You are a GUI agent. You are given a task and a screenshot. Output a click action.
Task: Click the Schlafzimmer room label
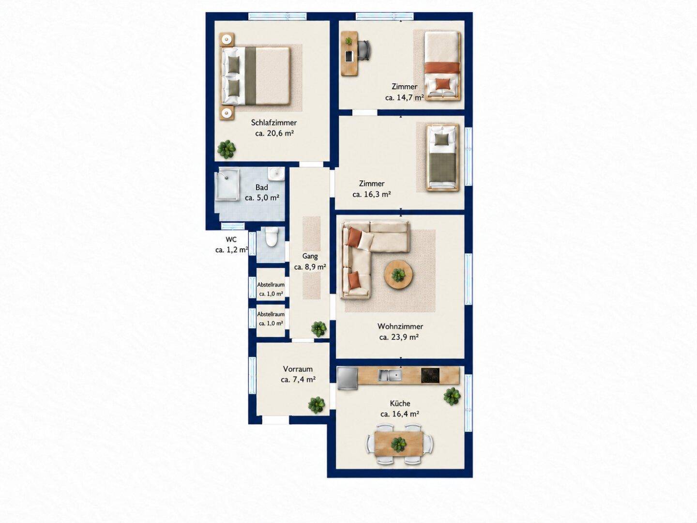point(274,123)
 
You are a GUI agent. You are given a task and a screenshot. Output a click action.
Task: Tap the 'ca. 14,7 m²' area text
point(405,97)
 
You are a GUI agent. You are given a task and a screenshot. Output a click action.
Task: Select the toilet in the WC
point(272,237)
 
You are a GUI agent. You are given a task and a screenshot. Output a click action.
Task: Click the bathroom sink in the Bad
point(276,174)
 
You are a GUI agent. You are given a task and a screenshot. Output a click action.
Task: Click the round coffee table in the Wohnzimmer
point(398,275)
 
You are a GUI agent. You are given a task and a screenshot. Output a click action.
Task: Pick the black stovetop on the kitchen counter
point(430,375)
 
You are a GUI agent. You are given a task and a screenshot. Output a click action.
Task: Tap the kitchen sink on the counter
point(389,376)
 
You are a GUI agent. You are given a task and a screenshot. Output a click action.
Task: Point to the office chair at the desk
point(365,50)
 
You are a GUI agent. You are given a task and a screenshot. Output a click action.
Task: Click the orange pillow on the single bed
point(443,84)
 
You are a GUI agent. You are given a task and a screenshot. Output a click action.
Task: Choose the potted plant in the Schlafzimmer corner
point(227,149)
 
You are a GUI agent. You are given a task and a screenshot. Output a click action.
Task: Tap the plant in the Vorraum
point(317,405)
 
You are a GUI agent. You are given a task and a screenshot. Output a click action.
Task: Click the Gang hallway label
point(310,256)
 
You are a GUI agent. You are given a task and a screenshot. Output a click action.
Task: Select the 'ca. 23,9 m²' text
point(398,337)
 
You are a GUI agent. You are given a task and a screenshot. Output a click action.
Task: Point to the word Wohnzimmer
point(400,326)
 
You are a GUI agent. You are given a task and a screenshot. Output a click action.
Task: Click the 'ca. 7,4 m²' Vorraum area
point(298,380)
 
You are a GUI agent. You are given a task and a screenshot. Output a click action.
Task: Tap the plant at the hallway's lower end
point(319,329)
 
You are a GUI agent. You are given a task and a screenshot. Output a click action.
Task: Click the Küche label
point(400,403)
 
